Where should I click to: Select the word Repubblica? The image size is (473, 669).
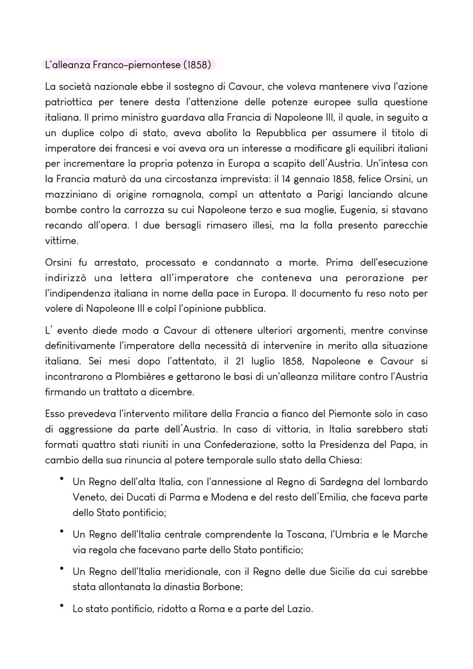pos(281,133)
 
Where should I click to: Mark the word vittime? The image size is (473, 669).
pos(62,241)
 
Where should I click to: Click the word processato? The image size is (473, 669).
pos(170,263)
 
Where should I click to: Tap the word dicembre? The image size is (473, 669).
pos(171,392)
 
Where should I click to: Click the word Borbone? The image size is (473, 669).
pos(222,587)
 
